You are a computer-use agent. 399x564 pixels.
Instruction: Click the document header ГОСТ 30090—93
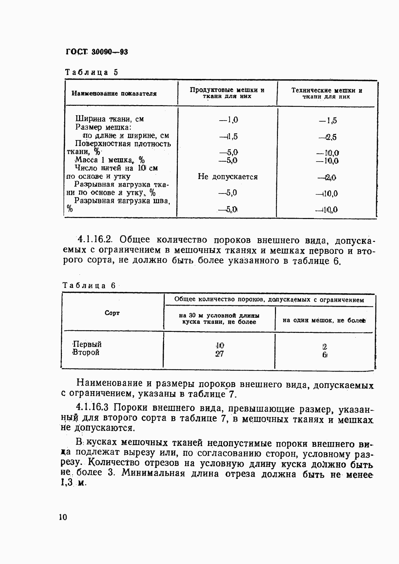(x=97, y=52)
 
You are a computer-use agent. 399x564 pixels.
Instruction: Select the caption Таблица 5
(x=91, y=72)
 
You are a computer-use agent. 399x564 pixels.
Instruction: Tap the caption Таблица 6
(x=89, y=286)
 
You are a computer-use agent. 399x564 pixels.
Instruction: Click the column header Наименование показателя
(x=114, y=94)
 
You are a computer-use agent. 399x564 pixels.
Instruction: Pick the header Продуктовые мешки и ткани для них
(x=227, y=93)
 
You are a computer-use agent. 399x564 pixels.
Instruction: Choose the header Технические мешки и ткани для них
(x=326, y=93)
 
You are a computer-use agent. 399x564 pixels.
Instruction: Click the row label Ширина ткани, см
(x=110, y=119)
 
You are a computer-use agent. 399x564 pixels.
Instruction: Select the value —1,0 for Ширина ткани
(x=228, y=120)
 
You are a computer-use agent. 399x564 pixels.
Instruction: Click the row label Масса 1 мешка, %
(x=109, y=160)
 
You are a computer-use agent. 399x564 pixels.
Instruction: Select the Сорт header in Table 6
(x=112, y=313)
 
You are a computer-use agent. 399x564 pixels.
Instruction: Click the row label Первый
(x=87, y=344)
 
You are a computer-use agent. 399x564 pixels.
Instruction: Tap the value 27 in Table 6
(x=220, y=354)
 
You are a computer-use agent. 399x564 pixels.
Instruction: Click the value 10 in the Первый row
(x=220, y=346)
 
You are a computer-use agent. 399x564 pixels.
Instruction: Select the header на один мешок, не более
(x=324, y=320)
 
